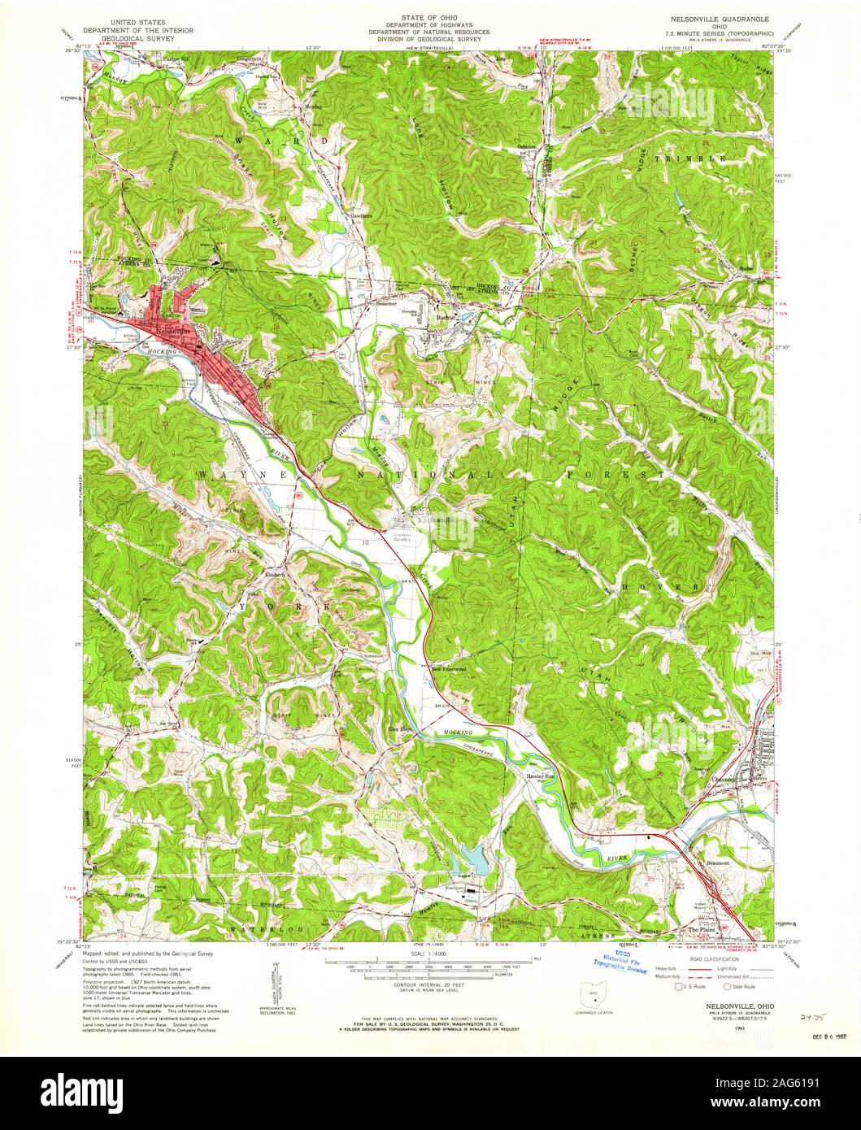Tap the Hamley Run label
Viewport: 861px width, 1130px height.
pyautogui.click(x=538, y=776)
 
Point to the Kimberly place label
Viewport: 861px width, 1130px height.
pyautogui.click(x=275, y=574)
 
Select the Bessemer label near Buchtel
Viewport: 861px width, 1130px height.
pyautogui.click(x=385, y=299)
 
